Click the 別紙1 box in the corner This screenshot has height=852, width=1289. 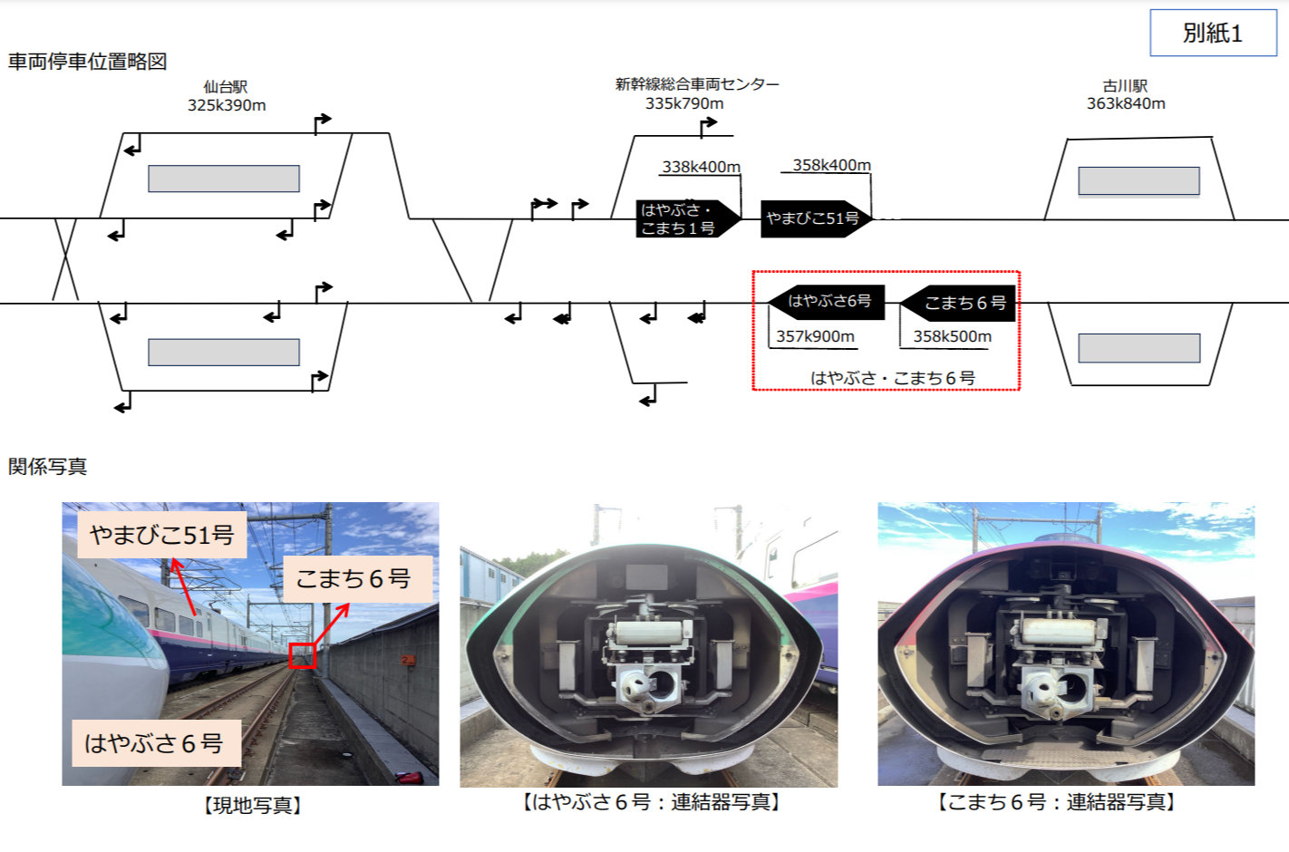click(x=1212, y=34)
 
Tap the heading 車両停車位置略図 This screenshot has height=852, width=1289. click(x=88, y=62)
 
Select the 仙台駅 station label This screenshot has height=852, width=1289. click(x=226, y=87)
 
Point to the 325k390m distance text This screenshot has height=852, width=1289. click(x=227, y=105)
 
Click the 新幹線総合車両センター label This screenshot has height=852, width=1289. click(x=696, y=84)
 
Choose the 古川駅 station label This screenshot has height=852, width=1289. click(x=1125, y=86)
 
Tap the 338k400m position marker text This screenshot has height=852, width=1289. click(x=701, y=167)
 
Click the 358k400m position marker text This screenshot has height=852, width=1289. click(x=831, y=165)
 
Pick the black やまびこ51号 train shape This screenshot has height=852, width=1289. click(x=814, y=218)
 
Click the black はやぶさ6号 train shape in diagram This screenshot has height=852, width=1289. click(x=826, y=301)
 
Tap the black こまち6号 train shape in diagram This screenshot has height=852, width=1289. click(x=959, y=303)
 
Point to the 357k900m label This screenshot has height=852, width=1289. click(x=815, y=336)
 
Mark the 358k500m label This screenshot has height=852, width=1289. click(x=952, y=336)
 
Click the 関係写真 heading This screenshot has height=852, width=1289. click(x=48, y=467)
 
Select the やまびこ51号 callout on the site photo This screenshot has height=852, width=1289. click(x=161, y=535)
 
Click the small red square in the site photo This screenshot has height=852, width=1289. click(x=302, y=655)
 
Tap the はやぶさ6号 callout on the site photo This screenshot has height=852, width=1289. click(x=153, y=743)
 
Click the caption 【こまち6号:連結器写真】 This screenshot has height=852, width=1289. click(x=1056, y=802)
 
